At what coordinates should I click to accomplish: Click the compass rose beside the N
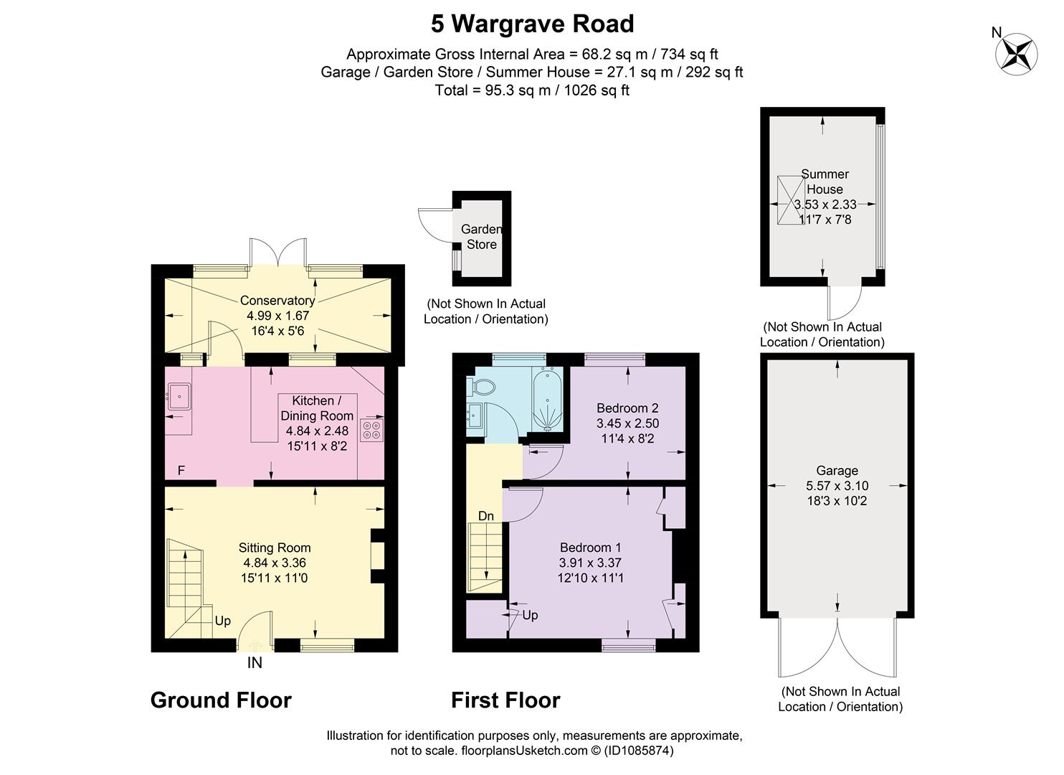(1016, 53)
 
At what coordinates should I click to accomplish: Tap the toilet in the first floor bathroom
(480, 387)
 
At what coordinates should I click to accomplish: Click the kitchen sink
(179, 396)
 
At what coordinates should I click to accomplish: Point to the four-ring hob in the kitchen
(371, 429)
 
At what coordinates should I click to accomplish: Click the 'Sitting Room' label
(275, 548)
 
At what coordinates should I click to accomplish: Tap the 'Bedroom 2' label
(627, 408)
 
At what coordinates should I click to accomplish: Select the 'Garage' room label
(837, 470)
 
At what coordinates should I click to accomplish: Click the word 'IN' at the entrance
(255, 663)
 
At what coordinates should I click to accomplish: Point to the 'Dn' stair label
(486, 516)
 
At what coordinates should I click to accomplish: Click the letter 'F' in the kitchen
(181, 470)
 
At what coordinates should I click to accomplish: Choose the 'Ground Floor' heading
(221, 700)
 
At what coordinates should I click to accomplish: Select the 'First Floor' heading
(505, 700)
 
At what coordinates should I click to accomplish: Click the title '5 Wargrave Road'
(533, 24)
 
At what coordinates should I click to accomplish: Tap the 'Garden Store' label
(482, 237)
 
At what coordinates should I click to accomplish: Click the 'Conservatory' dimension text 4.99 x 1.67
(278, 316)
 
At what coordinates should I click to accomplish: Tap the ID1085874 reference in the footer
(638, 751)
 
